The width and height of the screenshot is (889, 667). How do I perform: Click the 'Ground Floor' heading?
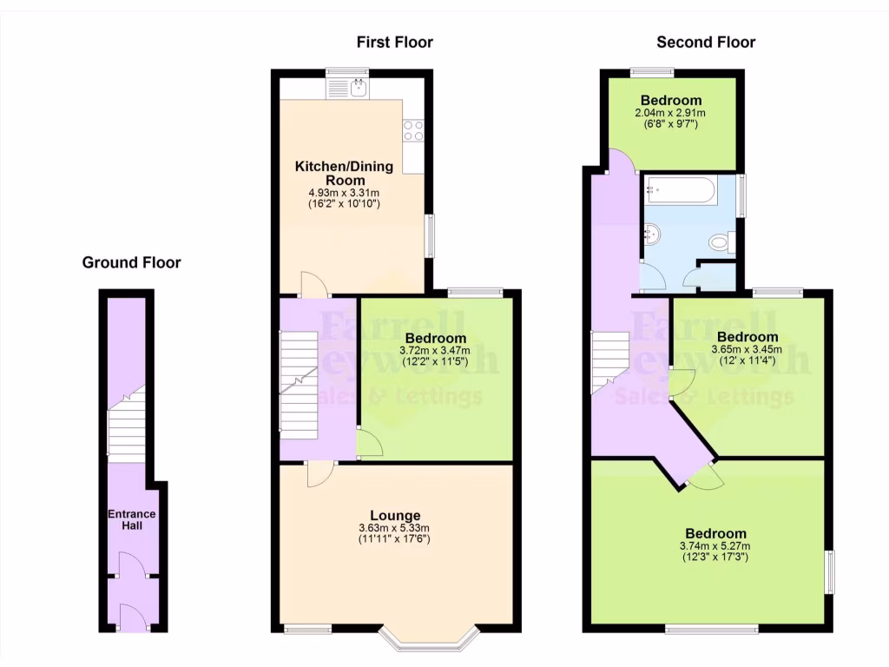(x=131, y=262)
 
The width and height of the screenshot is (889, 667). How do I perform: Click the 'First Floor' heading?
(x=394, y=42)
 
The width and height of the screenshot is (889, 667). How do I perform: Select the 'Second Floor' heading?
(x=706, y=42)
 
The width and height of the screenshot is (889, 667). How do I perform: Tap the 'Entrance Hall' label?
(x=131, y=519)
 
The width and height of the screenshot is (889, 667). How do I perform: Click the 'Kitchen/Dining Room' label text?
(x=344, y=173)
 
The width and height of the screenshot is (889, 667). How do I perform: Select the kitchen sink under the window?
(x=357, y=86)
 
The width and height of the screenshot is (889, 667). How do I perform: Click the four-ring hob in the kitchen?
(x=413, y=130)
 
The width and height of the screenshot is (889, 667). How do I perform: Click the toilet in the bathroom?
(x=721, y=242)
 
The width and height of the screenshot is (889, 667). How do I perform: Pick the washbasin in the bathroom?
(x=654, y=234)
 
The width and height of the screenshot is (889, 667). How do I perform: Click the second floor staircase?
(x=610, y=360)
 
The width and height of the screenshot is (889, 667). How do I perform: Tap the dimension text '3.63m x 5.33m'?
(x=393, y=528)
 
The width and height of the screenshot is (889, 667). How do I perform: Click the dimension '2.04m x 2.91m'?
(x=670, y=113)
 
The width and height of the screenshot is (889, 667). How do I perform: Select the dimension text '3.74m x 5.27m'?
(x=715, y=545)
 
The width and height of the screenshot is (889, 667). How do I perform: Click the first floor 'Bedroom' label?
(x=436, y=338)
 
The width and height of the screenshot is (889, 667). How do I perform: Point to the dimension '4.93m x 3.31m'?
(x=344, y=192)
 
